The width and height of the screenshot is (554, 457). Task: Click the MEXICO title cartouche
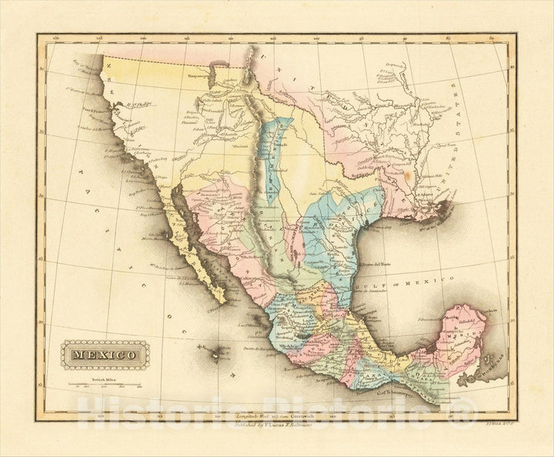pyautogui.click(x=102, y=355)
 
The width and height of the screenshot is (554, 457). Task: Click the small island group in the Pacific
pyautogui.click(x=217, y=355)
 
